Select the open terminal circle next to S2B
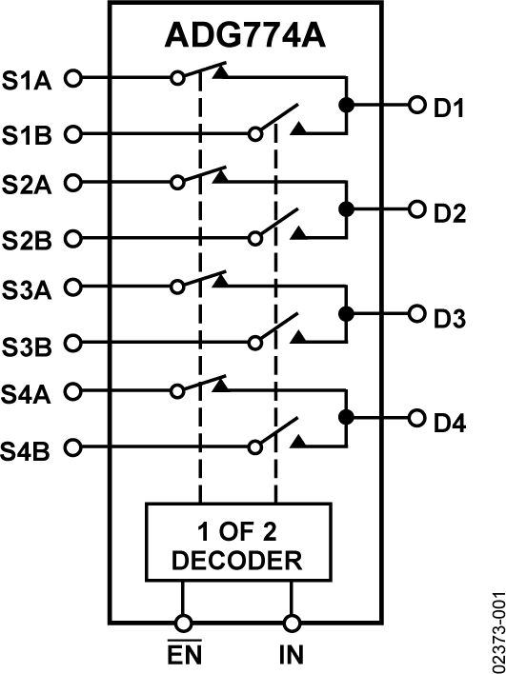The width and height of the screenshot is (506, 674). (71, 237)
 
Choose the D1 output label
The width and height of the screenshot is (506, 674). (449, 108)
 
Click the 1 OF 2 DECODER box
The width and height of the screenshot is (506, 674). (237, 542)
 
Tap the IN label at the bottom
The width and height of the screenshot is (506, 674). (292, 655)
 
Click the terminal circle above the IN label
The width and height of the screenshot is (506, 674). (291, 623)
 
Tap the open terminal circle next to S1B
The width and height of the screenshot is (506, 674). (71, 134)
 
